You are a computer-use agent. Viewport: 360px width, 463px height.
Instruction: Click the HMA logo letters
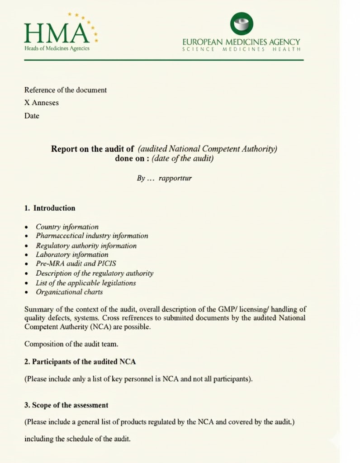56,33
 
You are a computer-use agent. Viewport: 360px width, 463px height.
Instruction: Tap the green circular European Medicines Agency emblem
242,23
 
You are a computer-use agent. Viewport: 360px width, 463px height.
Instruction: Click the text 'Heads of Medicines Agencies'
57,48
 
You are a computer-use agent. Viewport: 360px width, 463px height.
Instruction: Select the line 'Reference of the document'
66,90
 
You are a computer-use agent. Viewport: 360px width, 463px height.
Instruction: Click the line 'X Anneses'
42,103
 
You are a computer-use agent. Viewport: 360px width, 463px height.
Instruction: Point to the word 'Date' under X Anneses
32,116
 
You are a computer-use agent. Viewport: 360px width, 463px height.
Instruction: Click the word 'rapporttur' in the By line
175,178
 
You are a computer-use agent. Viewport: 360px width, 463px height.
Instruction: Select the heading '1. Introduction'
50,208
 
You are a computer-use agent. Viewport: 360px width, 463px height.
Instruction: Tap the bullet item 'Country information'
67,227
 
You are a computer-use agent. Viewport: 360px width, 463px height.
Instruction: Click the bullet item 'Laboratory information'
72,255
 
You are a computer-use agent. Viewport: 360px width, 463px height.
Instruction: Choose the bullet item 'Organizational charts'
69,292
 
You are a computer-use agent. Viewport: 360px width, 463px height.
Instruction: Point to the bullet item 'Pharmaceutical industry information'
92,236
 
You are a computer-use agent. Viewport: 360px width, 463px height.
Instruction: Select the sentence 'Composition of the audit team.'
71,344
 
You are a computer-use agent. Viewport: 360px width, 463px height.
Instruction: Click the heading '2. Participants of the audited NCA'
80,362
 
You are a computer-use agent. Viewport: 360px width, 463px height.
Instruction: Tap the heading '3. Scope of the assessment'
66,405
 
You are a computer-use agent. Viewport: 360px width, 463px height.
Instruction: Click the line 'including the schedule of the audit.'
77,439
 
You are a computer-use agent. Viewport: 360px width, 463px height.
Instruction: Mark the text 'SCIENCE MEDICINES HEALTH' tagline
241,49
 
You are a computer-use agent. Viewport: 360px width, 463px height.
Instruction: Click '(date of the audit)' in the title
183,159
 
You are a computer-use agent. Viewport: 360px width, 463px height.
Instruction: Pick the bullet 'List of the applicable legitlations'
86,283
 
